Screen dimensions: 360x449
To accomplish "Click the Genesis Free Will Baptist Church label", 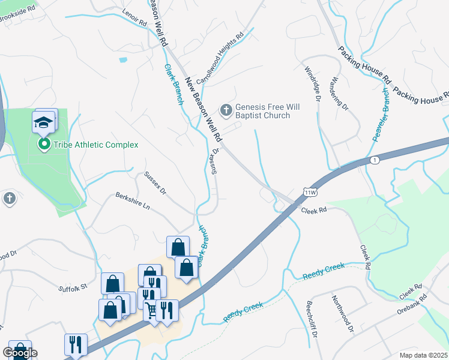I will pos(267,111).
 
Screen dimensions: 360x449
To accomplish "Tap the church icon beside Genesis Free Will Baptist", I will pos(226,109).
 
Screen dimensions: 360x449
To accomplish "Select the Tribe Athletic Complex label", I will pos(96,145).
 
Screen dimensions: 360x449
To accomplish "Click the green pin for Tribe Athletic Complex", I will pos(44,144).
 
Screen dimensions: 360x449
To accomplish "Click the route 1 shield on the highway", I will pos(375,160).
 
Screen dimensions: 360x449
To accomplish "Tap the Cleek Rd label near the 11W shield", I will pos(313,211).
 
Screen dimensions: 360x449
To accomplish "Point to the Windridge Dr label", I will pos(314,83).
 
